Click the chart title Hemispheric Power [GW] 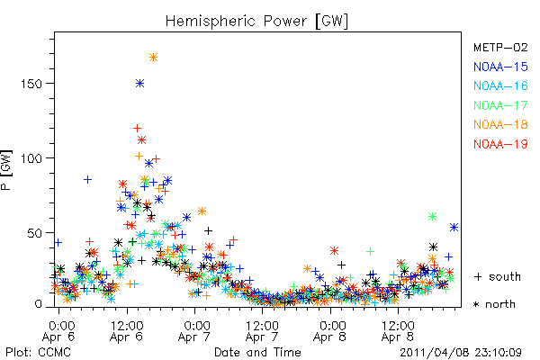256,21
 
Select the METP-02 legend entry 500,47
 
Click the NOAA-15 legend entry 500,67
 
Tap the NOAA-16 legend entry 500,85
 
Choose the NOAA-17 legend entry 500,105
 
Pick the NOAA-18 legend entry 500,124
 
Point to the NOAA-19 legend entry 500,144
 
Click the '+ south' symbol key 498,276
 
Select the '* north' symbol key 494,304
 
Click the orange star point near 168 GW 154,58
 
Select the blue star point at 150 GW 139,83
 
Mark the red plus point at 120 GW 137,129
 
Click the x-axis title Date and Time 257,353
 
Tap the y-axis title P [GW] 7,170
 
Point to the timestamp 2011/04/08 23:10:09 461,353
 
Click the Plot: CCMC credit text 38,353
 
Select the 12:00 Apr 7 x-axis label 262,331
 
